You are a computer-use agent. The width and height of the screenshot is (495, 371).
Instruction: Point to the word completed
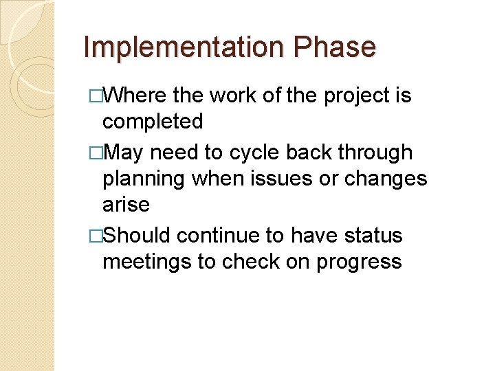[x=152, y=122]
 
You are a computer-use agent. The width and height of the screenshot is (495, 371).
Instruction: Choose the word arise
[x=126, y=205]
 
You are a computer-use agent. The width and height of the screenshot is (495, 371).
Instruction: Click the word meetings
[x=147, y=262]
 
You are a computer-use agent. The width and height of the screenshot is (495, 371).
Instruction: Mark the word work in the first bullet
[x=234, y=95]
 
